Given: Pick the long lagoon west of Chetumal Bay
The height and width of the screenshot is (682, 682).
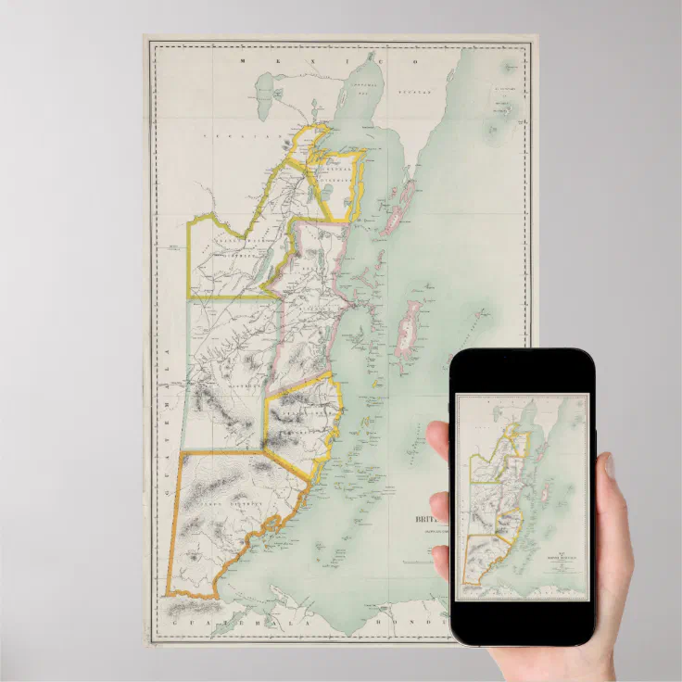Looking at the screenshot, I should pyautogui.click(x=263, y=90).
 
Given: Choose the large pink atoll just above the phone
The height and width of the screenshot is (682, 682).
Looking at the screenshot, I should pyautogui.click(x=408, y=324).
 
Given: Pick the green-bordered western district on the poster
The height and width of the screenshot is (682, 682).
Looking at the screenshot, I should pyautogui.click(x=227, y=371).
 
